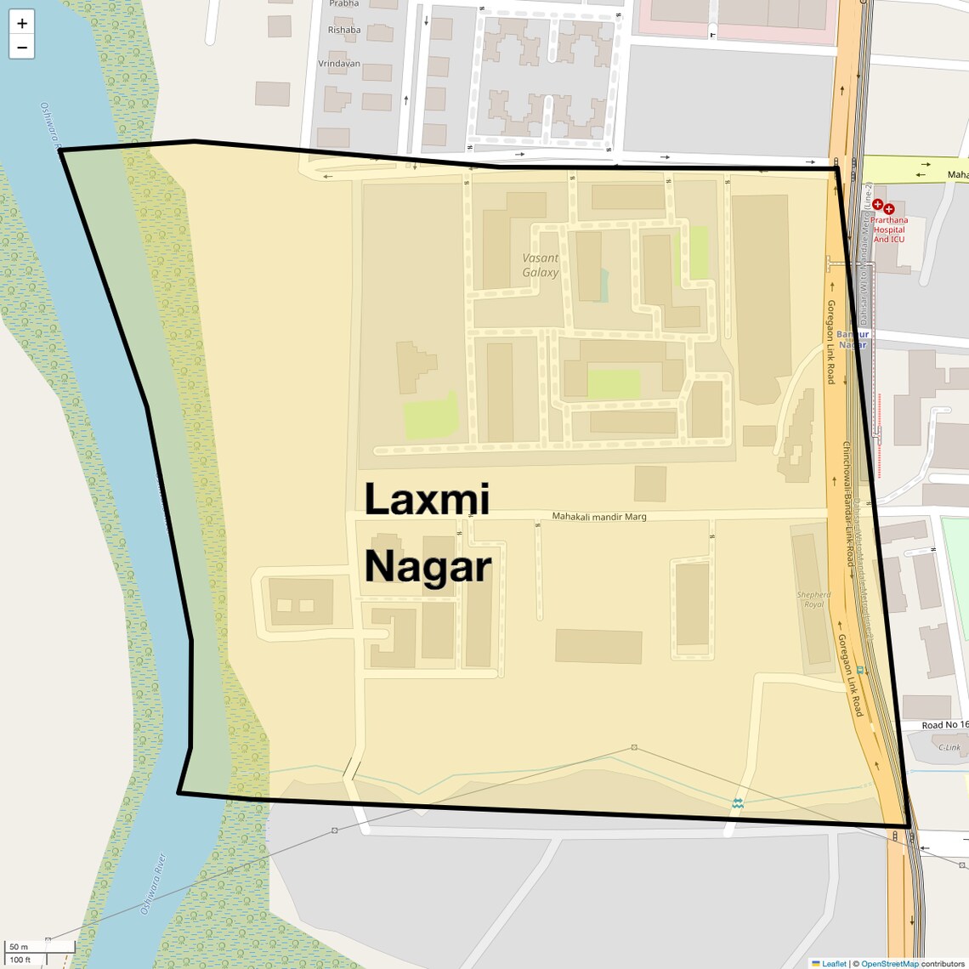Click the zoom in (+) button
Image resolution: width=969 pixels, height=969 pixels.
(x=22, y=24)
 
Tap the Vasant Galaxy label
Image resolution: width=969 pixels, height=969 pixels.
(x=541, y=265)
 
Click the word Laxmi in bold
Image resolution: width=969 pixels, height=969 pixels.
(x=427, y=499)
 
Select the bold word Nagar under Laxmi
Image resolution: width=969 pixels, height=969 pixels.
(x=428, y=567)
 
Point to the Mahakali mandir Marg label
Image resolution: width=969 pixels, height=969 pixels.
(x=599, y=517)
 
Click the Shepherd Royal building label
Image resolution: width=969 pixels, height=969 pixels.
(x=813, y=600)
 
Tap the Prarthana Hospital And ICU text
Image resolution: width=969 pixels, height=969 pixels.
(x=889, y=229)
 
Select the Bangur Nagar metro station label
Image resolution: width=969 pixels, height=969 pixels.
(x=853, y=339)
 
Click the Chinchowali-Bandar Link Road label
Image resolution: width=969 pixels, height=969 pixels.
(x=847, y=503)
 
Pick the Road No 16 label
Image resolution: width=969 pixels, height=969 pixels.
(x=944, y=725)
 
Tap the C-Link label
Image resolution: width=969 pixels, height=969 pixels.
(x=949, y=748)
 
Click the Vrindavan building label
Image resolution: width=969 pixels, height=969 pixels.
(x=339, y=64)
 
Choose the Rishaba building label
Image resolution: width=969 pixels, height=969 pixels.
(x=344, y=30)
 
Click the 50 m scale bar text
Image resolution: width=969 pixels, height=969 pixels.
(x=19, y=947)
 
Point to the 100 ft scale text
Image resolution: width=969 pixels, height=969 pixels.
(x=20, y=960)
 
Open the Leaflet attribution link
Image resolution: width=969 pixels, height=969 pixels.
(x=834, y=964)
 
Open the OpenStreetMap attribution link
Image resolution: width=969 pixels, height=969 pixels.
(x=890, y=964)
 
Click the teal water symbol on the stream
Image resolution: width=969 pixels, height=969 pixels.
(x=738, y=802)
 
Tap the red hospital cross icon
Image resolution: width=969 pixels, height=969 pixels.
(x=878, y=205)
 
